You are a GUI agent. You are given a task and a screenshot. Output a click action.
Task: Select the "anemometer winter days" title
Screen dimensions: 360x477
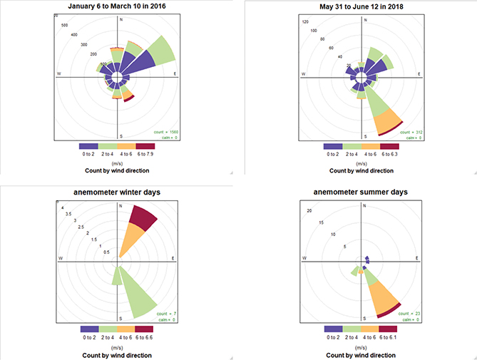[x=119, y=192]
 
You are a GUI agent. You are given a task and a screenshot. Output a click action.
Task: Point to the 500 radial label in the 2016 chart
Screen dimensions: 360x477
[x=66, y=25]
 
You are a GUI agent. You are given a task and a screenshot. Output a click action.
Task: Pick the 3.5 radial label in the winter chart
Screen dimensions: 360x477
[x=68, y=214]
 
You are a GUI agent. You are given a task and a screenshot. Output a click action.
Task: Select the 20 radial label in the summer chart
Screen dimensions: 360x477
[x=309, y=210]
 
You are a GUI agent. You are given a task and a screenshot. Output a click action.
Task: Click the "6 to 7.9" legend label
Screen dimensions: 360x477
[x=145, y=153]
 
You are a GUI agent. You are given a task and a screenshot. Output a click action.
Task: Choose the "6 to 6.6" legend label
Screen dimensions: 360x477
[x=145, y=337]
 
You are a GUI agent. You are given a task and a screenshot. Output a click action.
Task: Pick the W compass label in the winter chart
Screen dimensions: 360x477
[x=60, y=258]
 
